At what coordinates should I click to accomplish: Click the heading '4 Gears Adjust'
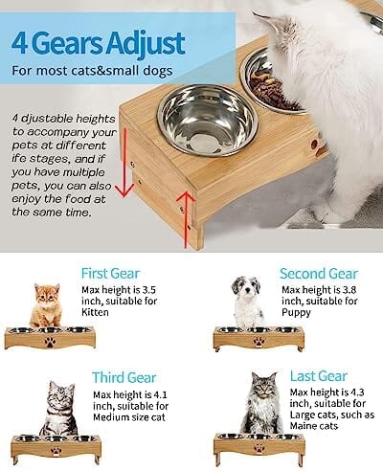(99, 43)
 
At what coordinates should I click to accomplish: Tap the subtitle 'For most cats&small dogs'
(92, 71)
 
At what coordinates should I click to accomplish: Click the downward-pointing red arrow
(124, 163)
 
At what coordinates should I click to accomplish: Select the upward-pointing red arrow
(186, 219)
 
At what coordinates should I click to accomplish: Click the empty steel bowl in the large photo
(208, 121)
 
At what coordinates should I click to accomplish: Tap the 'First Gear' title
(110, 274)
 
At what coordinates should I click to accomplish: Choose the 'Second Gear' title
(319, 274)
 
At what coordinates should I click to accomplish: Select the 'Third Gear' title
(124, 377)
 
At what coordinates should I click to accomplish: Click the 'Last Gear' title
(319, 376)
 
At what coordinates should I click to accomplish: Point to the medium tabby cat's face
(60, 396)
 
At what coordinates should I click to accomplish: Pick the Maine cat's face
(264, 387)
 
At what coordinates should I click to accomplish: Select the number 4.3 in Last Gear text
(357, 392)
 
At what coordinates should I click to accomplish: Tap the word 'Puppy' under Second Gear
(296, 313)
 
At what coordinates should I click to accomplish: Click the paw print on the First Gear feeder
(50, 343)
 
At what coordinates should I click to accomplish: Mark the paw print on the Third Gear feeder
(56, 451)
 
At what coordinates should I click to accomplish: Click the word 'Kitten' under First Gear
(95, 312)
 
